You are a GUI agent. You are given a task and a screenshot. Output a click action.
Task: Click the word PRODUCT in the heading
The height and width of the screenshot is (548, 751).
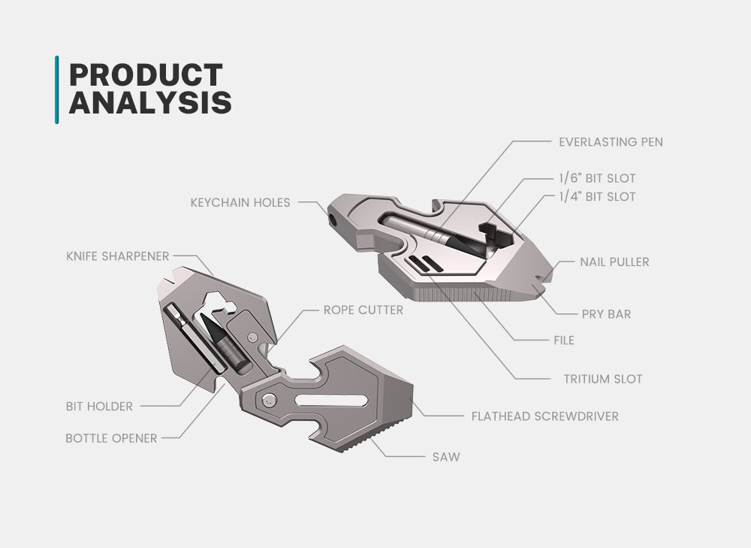click(146, 74)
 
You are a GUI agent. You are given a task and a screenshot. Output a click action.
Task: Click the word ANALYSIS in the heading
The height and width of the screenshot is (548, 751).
click(150, 102)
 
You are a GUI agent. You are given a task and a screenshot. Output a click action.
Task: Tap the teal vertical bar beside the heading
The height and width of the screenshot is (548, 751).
click(57, 89)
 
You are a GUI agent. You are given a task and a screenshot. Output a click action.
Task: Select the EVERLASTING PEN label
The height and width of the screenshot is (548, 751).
click(611, 142)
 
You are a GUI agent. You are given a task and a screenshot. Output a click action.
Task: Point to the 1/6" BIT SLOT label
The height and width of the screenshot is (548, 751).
click(597, 178)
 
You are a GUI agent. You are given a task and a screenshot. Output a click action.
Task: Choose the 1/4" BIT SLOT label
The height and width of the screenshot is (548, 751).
click(597, 196)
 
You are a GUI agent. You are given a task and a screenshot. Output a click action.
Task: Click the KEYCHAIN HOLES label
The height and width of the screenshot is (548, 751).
click(240, 203)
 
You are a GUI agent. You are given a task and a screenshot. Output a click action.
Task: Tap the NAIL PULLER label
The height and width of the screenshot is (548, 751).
click(614, 262)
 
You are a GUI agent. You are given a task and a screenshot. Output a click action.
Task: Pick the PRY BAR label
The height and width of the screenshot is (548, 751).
click(606, 314)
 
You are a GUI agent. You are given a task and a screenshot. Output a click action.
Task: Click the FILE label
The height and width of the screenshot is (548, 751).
click(564, 341)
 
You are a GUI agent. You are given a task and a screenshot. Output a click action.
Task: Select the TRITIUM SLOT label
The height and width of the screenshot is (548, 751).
click(603, 379)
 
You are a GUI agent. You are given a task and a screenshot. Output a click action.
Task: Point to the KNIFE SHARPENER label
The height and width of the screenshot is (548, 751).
click(118, 256)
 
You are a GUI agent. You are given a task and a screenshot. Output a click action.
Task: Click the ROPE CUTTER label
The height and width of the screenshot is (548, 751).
click(363, 310)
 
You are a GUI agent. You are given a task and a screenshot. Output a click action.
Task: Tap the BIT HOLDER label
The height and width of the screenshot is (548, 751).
click(99, 407)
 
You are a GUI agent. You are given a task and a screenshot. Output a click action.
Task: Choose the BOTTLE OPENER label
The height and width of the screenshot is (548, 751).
click(111, 439)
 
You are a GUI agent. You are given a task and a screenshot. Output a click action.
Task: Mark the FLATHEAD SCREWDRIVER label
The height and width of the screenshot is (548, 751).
click(545, 416)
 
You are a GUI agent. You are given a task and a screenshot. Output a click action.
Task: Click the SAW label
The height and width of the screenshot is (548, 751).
click(446, 457)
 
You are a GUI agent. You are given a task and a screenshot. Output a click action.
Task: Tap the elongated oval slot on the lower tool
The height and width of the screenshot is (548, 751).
click(331, 401)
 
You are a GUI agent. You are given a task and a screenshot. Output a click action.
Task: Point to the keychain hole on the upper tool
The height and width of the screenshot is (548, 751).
click(332, 220)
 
